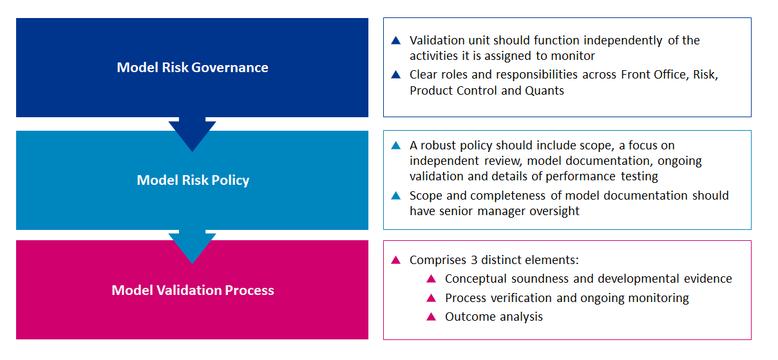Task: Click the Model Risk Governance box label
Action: coord(193,68)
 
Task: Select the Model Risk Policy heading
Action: coord(193,180)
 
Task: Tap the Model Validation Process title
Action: coord(193,290)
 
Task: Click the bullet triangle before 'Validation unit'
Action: coord(396,40)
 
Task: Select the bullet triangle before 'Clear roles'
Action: coord(396,75)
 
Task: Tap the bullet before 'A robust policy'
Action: coord(396,146)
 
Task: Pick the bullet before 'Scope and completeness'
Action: coord(396,195)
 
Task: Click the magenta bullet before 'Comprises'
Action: coord(396,260)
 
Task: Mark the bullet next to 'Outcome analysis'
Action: coord(431,317)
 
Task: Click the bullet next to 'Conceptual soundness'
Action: coord(431,279)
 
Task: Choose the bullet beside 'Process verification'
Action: coord(431,298)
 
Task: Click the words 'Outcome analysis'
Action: coord(494,317)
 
